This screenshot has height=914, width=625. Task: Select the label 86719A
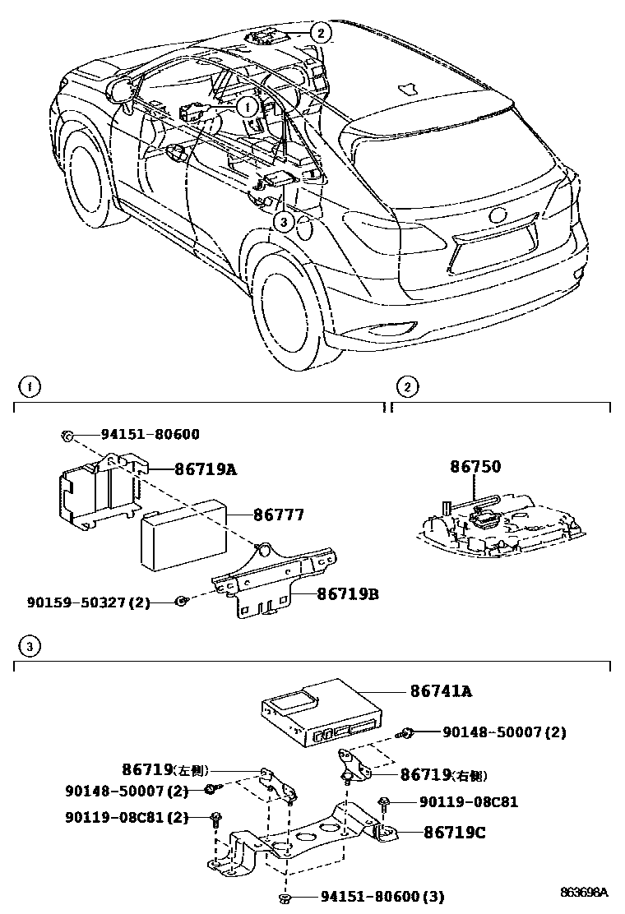[x=205, y=469]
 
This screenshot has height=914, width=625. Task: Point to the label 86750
[x=475, y=467]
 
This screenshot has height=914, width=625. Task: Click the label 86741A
[x=441, y=692]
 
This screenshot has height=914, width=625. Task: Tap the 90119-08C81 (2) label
[x=127, y=818]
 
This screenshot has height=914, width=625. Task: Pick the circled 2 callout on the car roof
[x=320, y=33]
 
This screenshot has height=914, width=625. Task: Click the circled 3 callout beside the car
[x=282, y=220]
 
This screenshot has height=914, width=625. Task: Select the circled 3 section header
[x=28, y=648]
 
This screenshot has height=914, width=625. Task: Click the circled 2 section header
[x=405, y=385]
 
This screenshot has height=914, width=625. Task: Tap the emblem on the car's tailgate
[x=498, y=216]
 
